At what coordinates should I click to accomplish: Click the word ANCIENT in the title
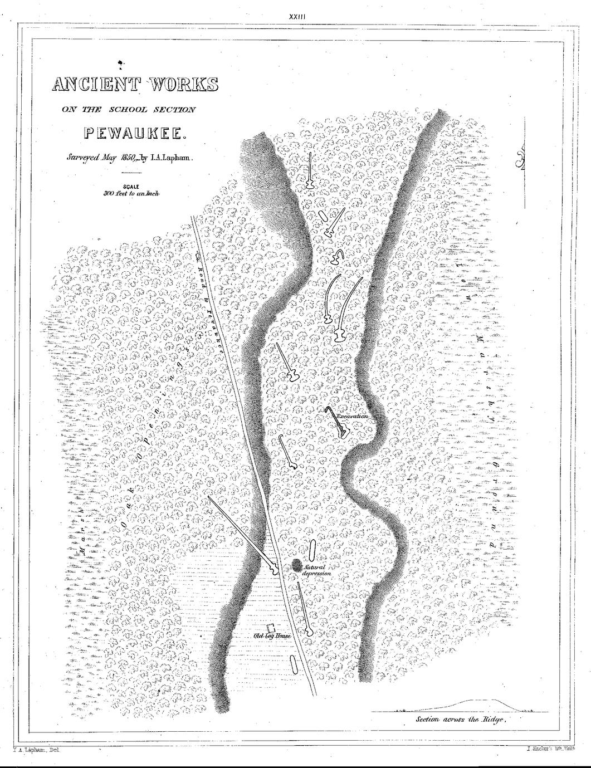[x=92, y=85]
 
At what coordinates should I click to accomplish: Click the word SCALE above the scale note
[x=131, y=187]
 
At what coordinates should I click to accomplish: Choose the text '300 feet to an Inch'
[x=131, y=194]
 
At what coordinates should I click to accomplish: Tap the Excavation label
[x=351, y=416]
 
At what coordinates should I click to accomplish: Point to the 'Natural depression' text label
[x=318, y=570]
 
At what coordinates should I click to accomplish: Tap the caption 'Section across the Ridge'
[x=460, y=720]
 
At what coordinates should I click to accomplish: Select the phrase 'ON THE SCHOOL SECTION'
[x=129, y=110]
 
